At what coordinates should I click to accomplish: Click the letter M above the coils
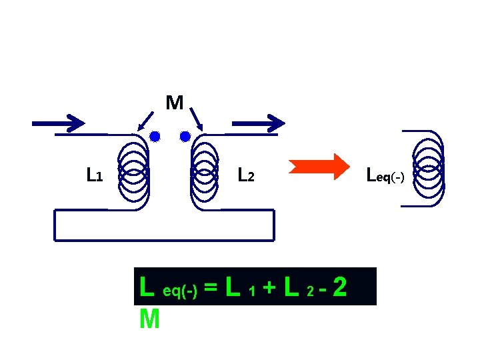tap(175, 103)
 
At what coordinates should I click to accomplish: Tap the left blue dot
tap(155, 137)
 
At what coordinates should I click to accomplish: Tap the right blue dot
tap(185, 137)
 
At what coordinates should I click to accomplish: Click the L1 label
tap(94, 175)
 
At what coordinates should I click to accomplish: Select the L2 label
tap(246, 175)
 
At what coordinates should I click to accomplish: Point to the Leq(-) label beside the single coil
tap(385, 177)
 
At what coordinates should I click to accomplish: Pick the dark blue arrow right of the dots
tap(258, 123)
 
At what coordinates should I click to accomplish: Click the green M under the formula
tap(150, 320)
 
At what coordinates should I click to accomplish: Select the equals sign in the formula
tap(211, 289)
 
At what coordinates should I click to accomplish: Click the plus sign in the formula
tap(269, 289)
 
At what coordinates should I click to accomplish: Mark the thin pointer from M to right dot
tap(195, 120)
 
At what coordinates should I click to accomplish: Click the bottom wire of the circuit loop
tap(163, 237)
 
